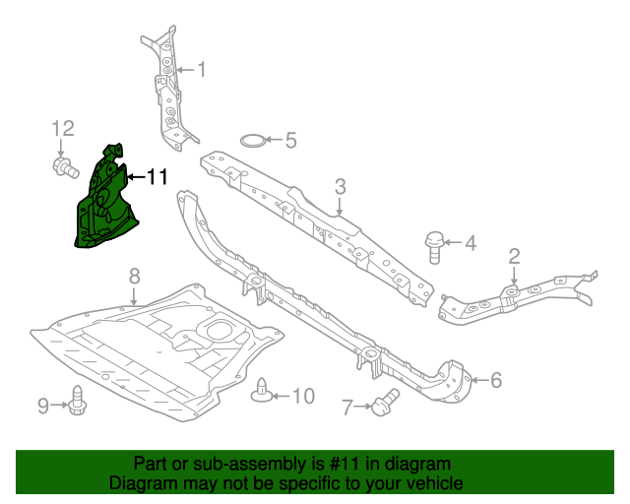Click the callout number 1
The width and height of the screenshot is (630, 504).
coord(202,70)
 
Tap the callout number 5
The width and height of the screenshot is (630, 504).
coord(290,140)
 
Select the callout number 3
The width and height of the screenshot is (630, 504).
coord(340,186)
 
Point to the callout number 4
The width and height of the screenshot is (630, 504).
coord(471,242)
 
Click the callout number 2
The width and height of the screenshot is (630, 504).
coord(514,258)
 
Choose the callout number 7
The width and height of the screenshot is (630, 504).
coord(346,406)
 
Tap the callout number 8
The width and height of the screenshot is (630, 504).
coord(135,276)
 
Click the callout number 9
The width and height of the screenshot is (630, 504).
coord(43,405)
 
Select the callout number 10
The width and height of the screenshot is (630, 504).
coord(303,396)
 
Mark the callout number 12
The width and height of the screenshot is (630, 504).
coord(63,128)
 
